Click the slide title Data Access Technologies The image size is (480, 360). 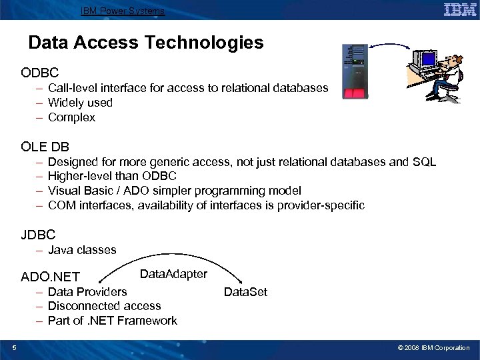coord(146,43)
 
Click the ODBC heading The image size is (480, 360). coord(40,71)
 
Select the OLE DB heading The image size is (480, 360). coord(45,146)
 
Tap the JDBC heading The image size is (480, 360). coord(38,234)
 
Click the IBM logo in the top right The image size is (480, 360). coord(460,9)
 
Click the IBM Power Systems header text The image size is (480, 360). coord(122,11)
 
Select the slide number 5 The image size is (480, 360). coord(14,347)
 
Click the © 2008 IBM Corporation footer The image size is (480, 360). coord(433,348)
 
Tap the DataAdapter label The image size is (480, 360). coord(173,274)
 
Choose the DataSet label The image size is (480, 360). coord(245,292)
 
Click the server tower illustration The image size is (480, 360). coord(355,72)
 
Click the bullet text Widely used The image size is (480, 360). coord(80,103)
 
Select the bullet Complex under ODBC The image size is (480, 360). coord(71,117)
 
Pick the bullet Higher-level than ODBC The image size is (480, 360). coord(112,176)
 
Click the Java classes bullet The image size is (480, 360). coord(82,250)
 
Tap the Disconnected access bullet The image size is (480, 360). coord(104,306)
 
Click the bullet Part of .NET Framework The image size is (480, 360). coord(112,321)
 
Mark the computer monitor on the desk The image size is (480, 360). coord(424,60)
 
